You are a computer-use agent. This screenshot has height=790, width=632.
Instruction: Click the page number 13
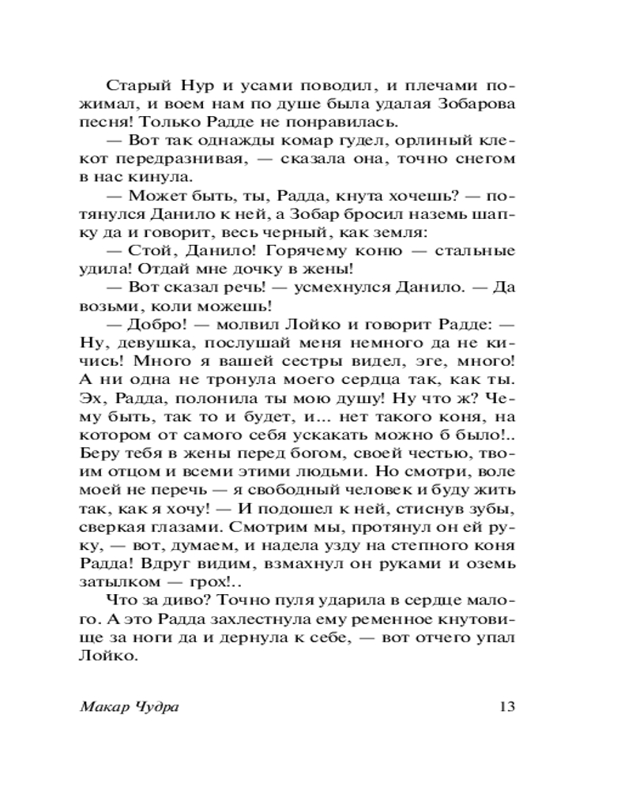pyautogui.click(x=506, y=706)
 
